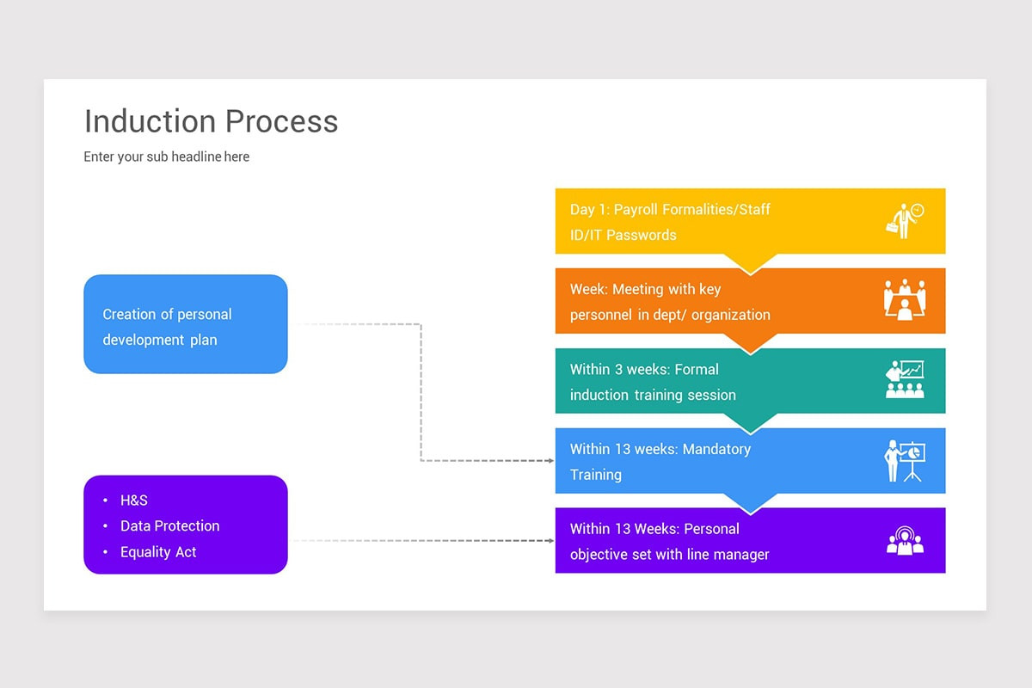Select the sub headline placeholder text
pyautogui.click(x=166, y=157)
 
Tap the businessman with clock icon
pyautogui.click(x=904, y=220)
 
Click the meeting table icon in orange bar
pyautogui.click(x=904, y=300)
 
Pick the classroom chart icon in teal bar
pyautogui.click(x=904, y=379)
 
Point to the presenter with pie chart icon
pyautogui.click(x=904, y=460)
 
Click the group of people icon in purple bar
pyautogui.click(x=904, y=541)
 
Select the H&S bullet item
pyautogui.click(x=134, y=501)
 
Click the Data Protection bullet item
pyautogui.click(x=169, y=526)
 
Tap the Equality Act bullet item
pyautogui.click(x=158, y=552)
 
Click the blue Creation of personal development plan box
pyautogui.click(x=185, y=324)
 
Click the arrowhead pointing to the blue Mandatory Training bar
pyautogui.click(x=550, y=461)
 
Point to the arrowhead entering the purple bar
pyautogui.click(x=550, y=541)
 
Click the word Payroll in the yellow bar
pyautogui.click(x=637, y=210)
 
